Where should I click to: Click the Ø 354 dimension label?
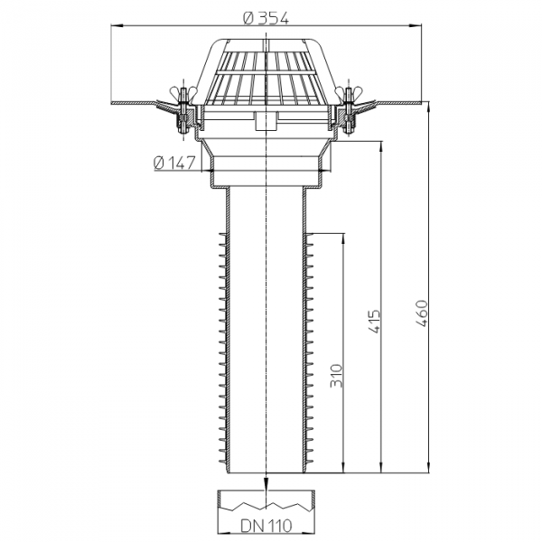pos(266,18)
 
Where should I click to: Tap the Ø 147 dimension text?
pos(175,164)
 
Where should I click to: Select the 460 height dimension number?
pos(421,313)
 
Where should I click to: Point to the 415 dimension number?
pos(374,321)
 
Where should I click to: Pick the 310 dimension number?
pos(336,376)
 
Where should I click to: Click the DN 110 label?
pos(266,526)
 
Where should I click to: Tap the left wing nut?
pos(183,93)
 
